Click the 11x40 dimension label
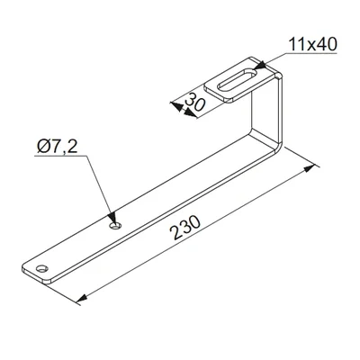point(313,44)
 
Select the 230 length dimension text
point(185,228)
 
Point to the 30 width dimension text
point(195,103)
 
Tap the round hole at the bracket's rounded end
point(42,268)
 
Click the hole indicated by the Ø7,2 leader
point(115,226)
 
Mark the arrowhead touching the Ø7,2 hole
point(112,217)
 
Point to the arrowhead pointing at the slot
point(260,66)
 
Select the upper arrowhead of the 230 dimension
point(310,169)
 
